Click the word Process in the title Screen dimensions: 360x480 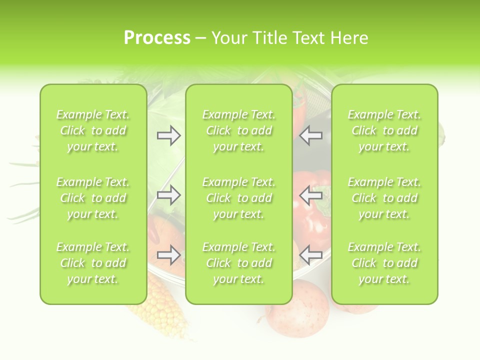157,38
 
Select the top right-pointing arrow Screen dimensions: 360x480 169,135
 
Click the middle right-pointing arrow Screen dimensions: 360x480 169,195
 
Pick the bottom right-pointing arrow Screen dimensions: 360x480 169,255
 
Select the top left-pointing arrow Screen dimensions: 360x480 311,135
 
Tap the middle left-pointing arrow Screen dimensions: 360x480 311,195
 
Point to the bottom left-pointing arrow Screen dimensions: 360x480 311,255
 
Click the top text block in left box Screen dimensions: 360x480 93,130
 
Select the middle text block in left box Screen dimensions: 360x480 93,198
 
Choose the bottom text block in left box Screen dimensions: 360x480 93,263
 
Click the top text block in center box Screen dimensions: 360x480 238,130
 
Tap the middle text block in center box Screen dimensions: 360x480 238,198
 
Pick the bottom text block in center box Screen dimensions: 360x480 238,263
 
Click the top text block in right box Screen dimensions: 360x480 384,130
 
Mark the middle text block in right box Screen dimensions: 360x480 384,198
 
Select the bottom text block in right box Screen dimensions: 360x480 384,263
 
